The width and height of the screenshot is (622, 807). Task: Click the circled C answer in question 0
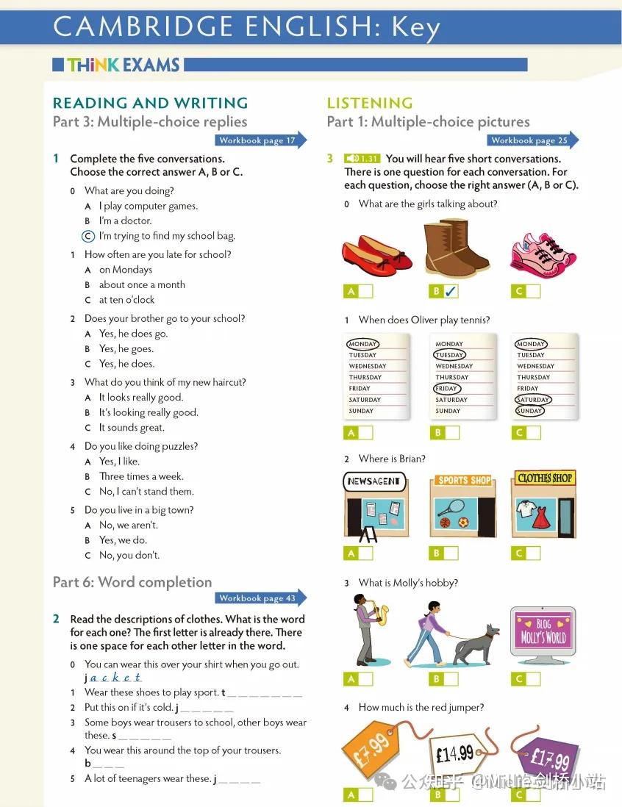pyautogui.click(x=88, y=236)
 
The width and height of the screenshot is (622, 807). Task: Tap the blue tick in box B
pyautogui.click(x=451, y=291)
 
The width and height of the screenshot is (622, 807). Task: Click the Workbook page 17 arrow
pyautogui.click(x=260, y=140)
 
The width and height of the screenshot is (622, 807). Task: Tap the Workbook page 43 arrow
pyautogui.click(x=260, y=598)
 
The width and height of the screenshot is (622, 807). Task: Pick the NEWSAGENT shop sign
pyautogui.click(x=374, y=481)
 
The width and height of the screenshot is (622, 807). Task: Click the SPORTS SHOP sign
pyautogui.click(x=464, y=480)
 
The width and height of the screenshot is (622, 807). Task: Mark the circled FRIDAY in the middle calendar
pyautogui.click(x=446, y=389)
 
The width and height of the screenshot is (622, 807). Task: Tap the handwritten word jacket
pyautogui.click(x=113, y=678)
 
